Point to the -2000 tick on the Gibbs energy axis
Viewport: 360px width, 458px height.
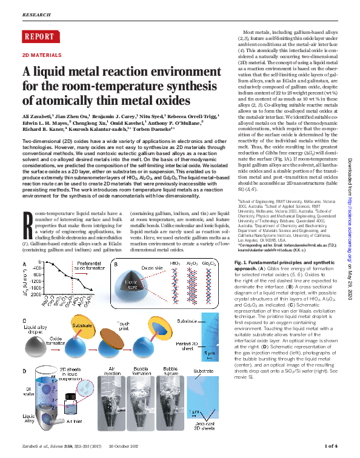(x=35, y=293)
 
